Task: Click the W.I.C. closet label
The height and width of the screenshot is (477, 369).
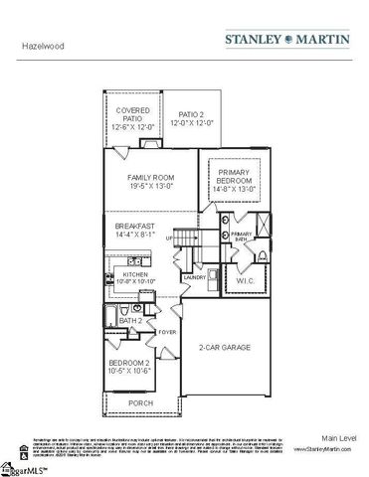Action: [248, 281]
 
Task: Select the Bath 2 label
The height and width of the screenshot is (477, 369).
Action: [130, 321]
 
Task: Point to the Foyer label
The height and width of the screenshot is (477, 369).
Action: [167, 331]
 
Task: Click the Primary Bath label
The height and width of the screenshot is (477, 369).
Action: [242, 236]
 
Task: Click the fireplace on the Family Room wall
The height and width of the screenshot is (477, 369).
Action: [151, 142]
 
